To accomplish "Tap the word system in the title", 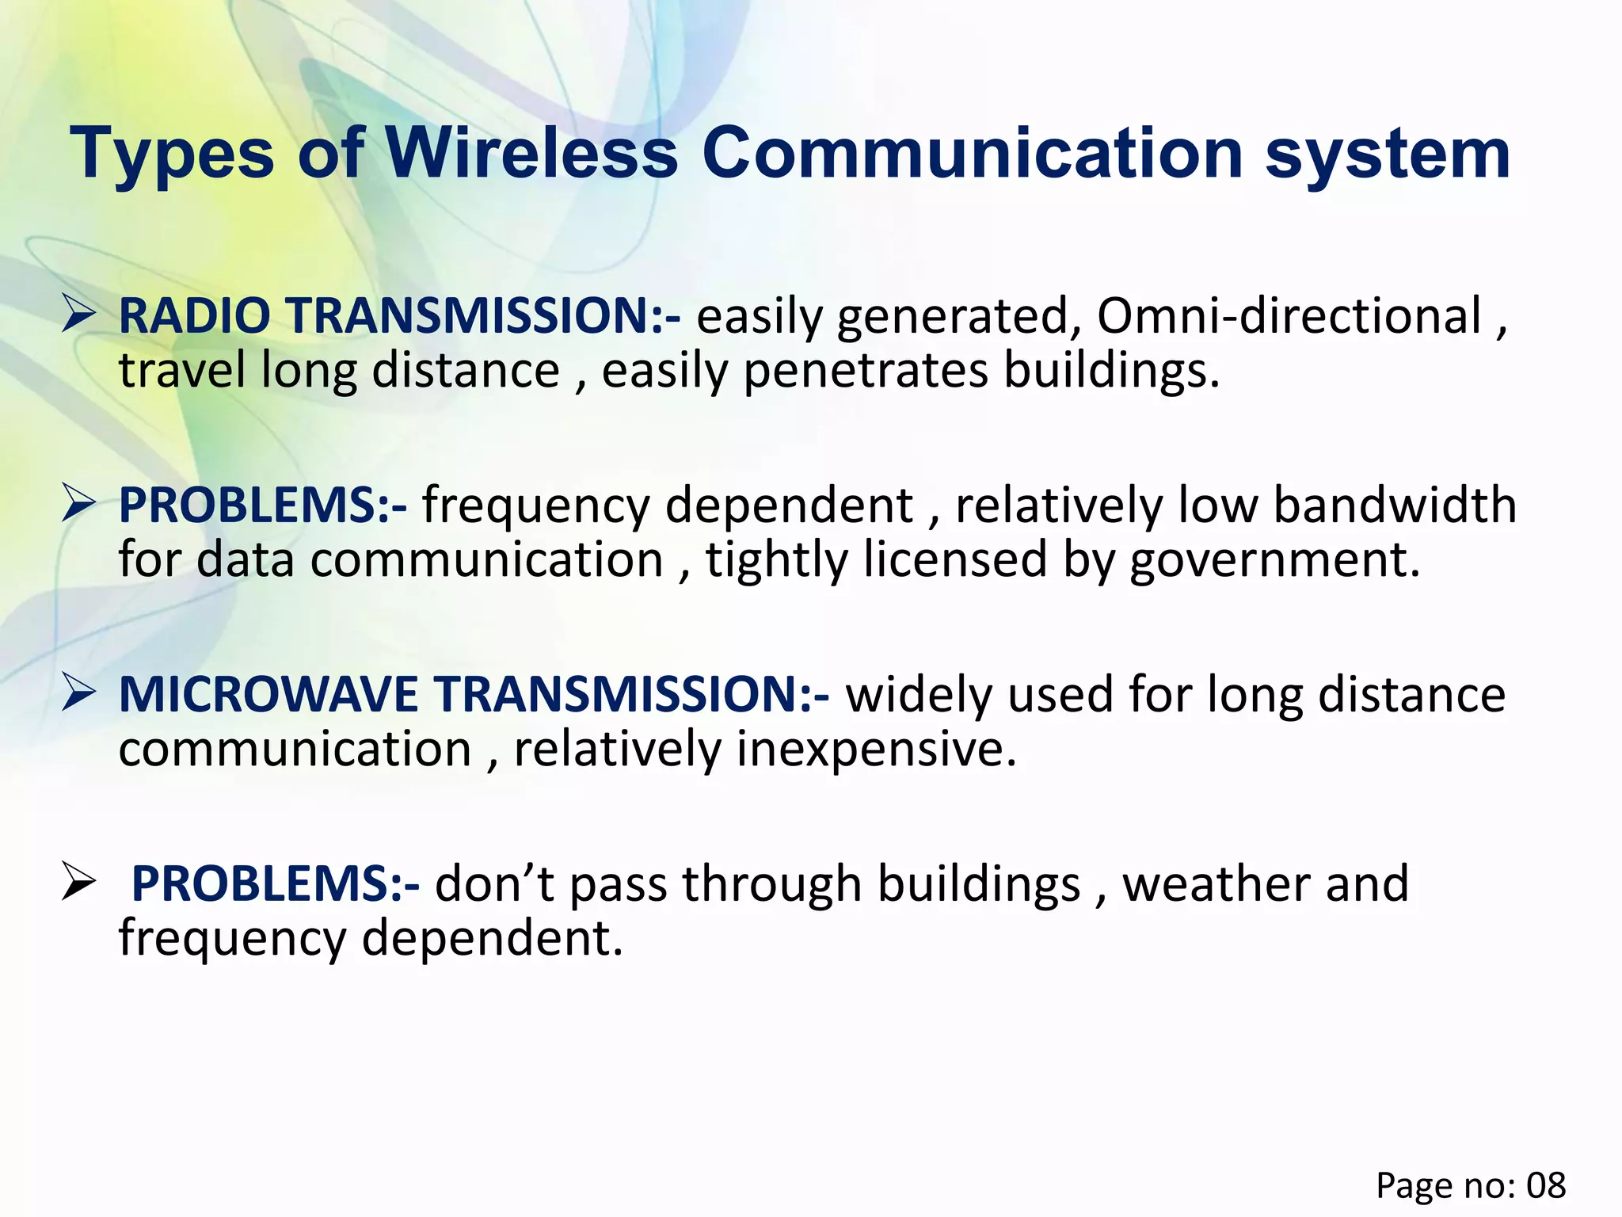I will click(x=1388, y=155).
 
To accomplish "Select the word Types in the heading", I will click(x=172, y=155).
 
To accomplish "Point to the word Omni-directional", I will click(x=1289, y=316).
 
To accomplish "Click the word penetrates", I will click(x=866, y=371).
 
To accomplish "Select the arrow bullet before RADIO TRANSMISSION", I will click(x=79, y=315).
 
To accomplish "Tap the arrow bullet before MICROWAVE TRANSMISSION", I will click(x=79, y=693).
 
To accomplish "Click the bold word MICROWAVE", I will click(x=268, y=695).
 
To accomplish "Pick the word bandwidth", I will click(x=1395, y=505).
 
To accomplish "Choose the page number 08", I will click(x=1546, y=1186).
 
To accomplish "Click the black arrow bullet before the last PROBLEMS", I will click(x=79, y=883).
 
